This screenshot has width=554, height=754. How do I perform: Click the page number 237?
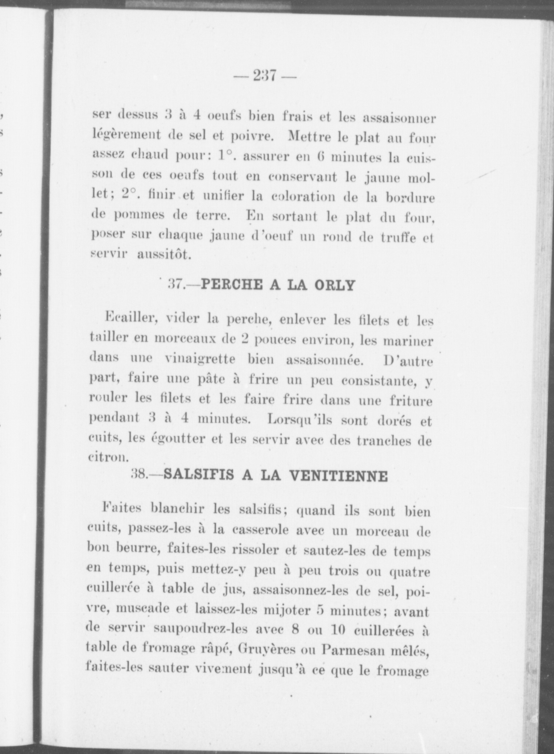click(265, 76)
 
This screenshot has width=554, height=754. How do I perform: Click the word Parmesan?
click(348, 652)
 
